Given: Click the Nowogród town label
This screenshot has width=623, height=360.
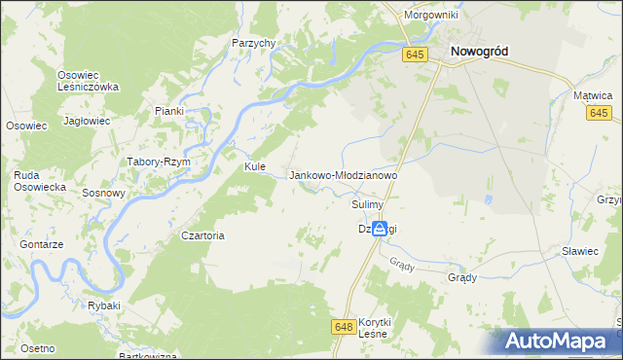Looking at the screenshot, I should click(x=482, y=53).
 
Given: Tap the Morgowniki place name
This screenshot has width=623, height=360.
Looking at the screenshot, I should click(x=432, y=17).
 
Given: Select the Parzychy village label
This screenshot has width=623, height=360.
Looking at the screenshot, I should click(x=255, y=43).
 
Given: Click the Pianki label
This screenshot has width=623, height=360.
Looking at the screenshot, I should click(x=168, y=111).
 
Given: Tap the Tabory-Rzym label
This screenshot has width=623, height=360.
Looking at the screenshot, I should click(x=158, y=162).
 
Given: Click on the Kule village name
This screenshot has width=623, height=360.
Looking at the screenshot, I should click(x=255, y=166).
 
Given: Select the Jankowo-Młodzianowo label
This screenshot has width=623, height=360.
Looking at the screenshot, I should click(x=344, y=175).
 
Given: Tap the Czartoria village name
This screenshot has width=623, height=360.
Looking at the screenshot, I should click(x=203, y=235).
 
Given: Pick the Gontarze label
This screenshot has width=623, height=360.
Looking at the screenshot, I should click(x=41, y=245).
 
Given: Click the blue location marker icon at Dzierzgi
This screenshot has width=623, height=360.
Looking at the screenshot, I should click(x=379, y=229).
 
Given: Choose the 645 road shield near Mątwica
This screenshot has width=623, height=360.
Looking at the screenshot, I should click(x=599, y=114).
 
